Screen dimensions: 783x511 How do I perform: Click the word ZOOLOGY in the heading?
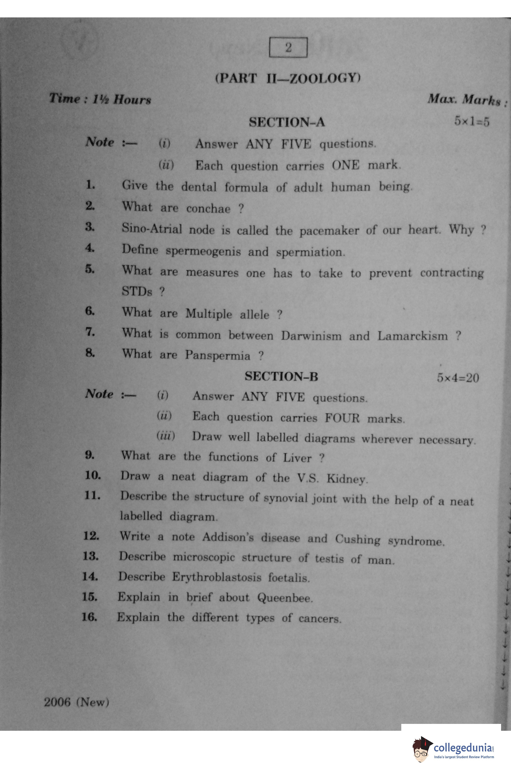coord(324,78)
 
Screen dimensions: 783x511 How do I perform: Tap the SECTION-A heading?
coord(287,122)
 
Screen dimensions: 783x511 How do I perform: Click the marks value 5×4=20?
coord(458,378)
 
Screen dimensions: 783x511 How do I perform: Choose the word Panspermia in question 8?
coord(218,355)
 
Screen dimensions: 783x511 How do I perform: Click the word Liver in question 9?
coord(297,458)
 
